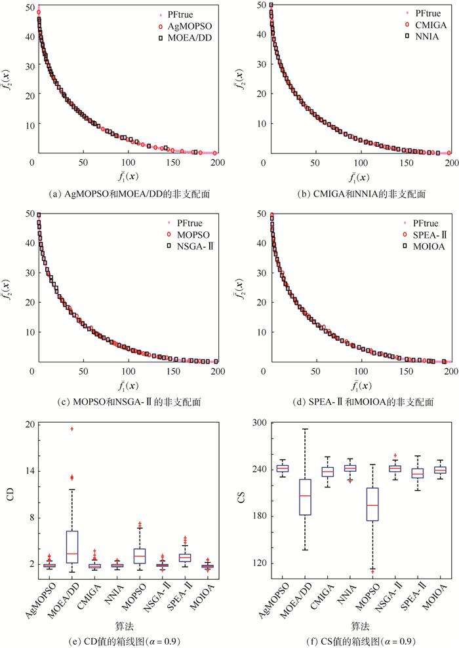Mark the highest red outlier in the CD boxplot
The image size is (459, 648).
[72, 429]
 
